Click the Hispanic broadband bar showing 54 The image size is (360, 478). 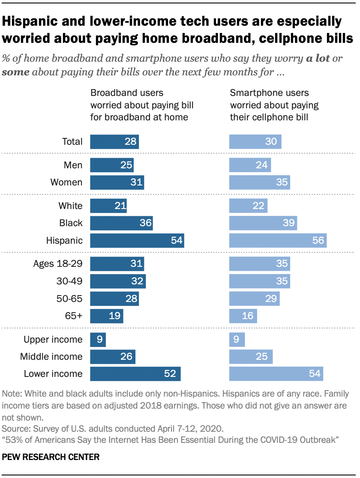point(137,240)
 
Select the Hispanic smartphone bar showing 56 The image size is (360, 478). point(278,240)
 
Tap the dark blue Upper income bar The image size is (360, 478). point(98,339)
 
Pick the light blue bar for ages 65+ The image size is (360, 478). point(243,316)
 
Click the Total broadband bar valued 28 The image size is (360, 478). point(114,141)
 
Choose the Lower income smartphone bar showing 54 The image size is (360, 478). point(276,373)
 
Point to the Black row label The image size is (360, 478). point(71,223)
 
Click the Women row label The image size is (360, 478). point(66,182)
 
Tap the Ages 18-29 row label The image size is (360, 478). point(58,264)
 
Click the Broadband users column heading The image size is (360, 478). point(139,105)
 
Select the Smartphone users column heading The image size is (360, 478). point(274,105)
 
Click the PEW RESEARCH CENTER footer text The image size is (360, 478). point(51,457)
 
